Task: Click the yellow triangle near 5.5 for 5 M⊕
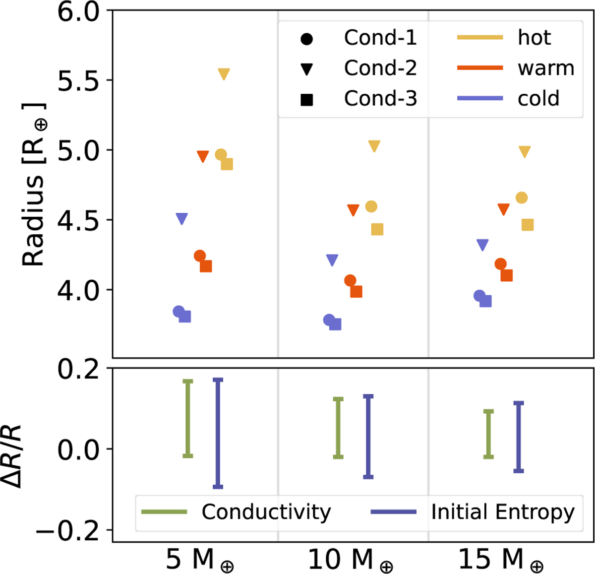coord(224,74)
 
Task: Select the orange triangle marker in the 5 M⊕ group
coord(203,156)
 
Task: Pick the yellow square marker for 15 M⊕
coord(528,225)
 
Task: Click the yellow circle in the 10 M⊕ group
coord(371,206)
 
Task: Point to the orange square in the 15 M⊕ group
coord(506,275)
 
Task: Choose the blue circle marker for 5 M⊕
coord(179,312)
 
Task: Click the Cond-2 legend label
coord(380,68)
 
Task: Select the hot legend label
coord(534,38)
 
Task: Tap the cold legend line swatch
coord(480,98)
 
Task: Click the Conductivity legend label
coord(266,511)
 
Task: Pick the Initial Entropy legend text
coord(503,511)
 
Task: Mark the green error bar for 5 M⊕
coord(188,418)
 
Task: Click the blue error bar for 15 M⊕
coord(519,437)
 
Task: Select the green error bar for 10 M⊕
coord(338,427)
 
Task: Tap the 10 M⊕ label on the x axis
coord(350,560)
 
